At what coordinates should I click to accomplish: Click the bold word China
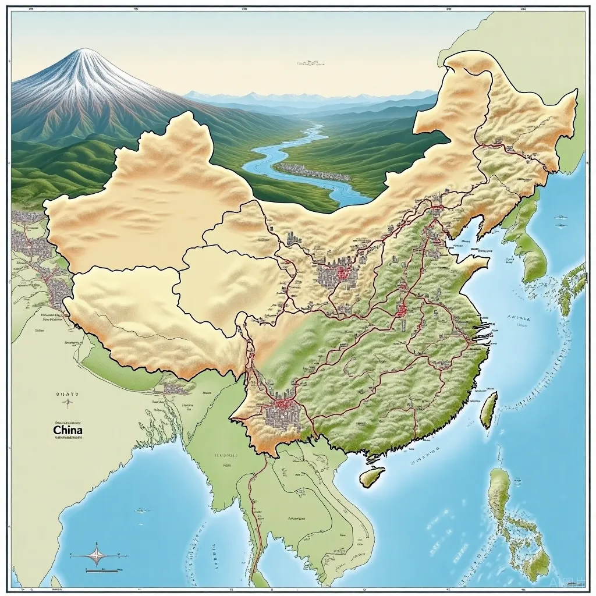click(x=68, y=430)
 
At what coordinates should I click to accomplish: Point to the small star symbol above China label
click(x=68, y=402)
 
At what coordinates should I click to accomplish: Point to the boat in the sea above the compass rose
click(x=141, y=510)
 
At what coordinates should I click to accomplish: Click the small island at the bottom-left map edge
click(x=56, y=581)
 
